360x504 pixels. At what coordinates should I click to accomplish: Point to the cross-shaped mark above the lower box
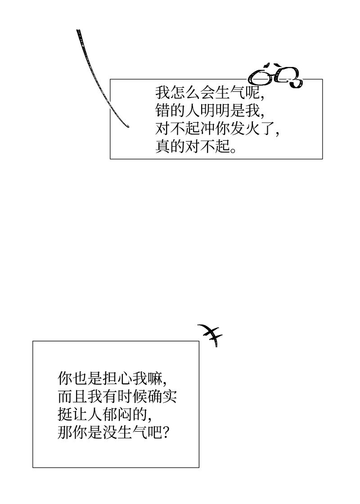(x=210, y=335)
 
